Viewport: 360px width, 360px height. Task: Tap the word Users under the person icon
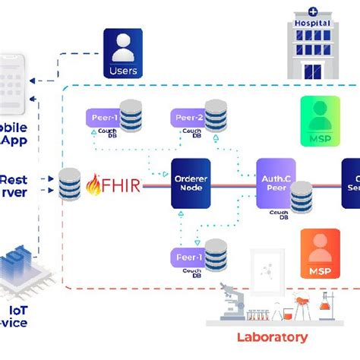pos(123,71)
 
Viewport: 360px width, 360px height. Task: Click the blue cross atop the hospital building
pos(313,11)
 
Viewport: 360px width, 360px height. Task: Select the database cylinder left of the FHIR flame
pos(69,185)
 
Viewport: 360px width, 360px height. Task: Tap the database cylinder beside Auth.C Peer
pos(301,194)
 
